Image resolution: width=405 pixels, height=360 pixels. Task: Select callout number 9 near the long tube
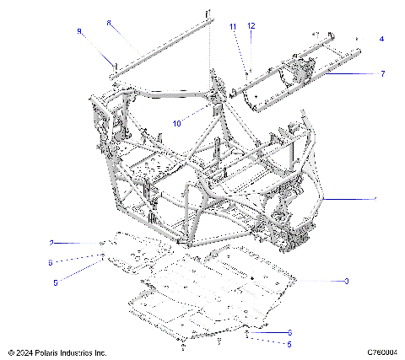click(79, 31)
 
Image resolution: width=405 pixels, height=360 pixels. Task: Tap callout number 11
click(233, 27)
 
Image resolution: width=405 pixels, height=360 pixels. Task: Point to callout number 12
click(251, 27)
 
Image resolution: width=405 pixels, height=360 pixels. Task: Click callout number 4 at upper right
click(381, 39)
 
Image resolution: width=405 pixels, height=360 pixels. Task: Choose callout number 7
click(382, 74)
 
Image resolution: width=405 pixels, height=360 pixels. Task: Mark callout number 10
click(177, 123)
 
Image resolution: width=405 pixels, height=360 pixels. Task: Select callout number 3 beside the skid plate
click(346, 280)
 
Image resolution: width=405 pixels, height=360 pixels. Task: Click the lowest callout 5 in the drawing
click(290, 344)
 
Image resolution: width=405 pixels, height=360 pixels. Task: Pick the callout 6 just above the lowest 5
click(290, 332)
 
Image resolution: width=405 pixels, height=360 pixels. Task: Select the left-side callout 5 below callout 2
click(56, 283)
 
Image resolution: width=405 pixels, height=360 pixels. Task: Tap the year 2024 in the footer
click(21, 352)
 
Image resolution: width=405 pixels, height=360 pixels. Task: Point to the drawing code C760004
click(382, 352)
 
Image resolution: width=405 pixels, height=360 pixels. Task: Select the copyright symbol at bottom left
click(8, 352)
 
